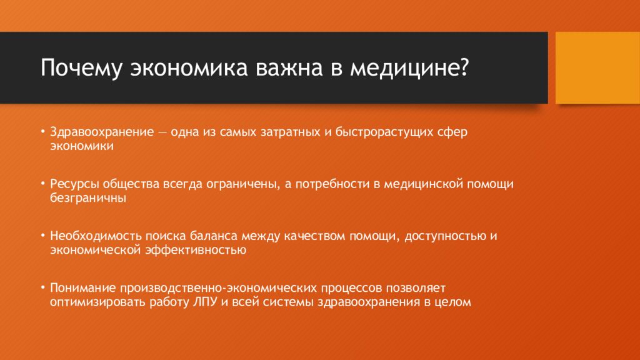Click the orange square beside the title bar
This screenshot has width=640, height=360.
[597, 67]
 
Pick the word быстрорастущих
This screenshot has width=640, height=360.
[388, 133]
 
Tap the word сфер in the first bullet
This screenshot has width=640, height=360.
[455, 133]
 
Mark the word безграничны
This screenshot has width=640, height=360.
[88, 198]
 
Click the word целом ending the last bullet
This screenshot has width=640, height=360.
[451, 302]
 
